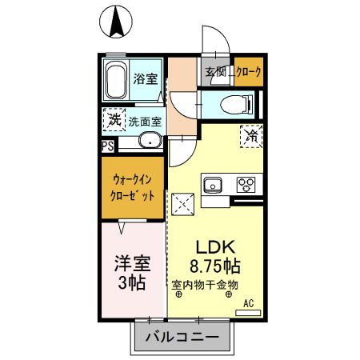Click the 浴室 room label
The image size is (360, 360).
coord(145,80)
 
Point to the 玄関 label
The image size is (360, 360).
coord(216,73)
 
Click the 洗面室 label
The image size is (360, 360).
coord(145,122)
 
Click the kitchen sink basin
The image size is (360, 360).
coord(213,186)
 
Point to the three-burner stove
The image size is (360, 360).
coord(244,186)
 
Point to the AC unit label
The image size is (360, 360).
coord(248,302)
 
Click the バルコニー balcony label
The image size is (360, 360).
coord(182,339)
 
